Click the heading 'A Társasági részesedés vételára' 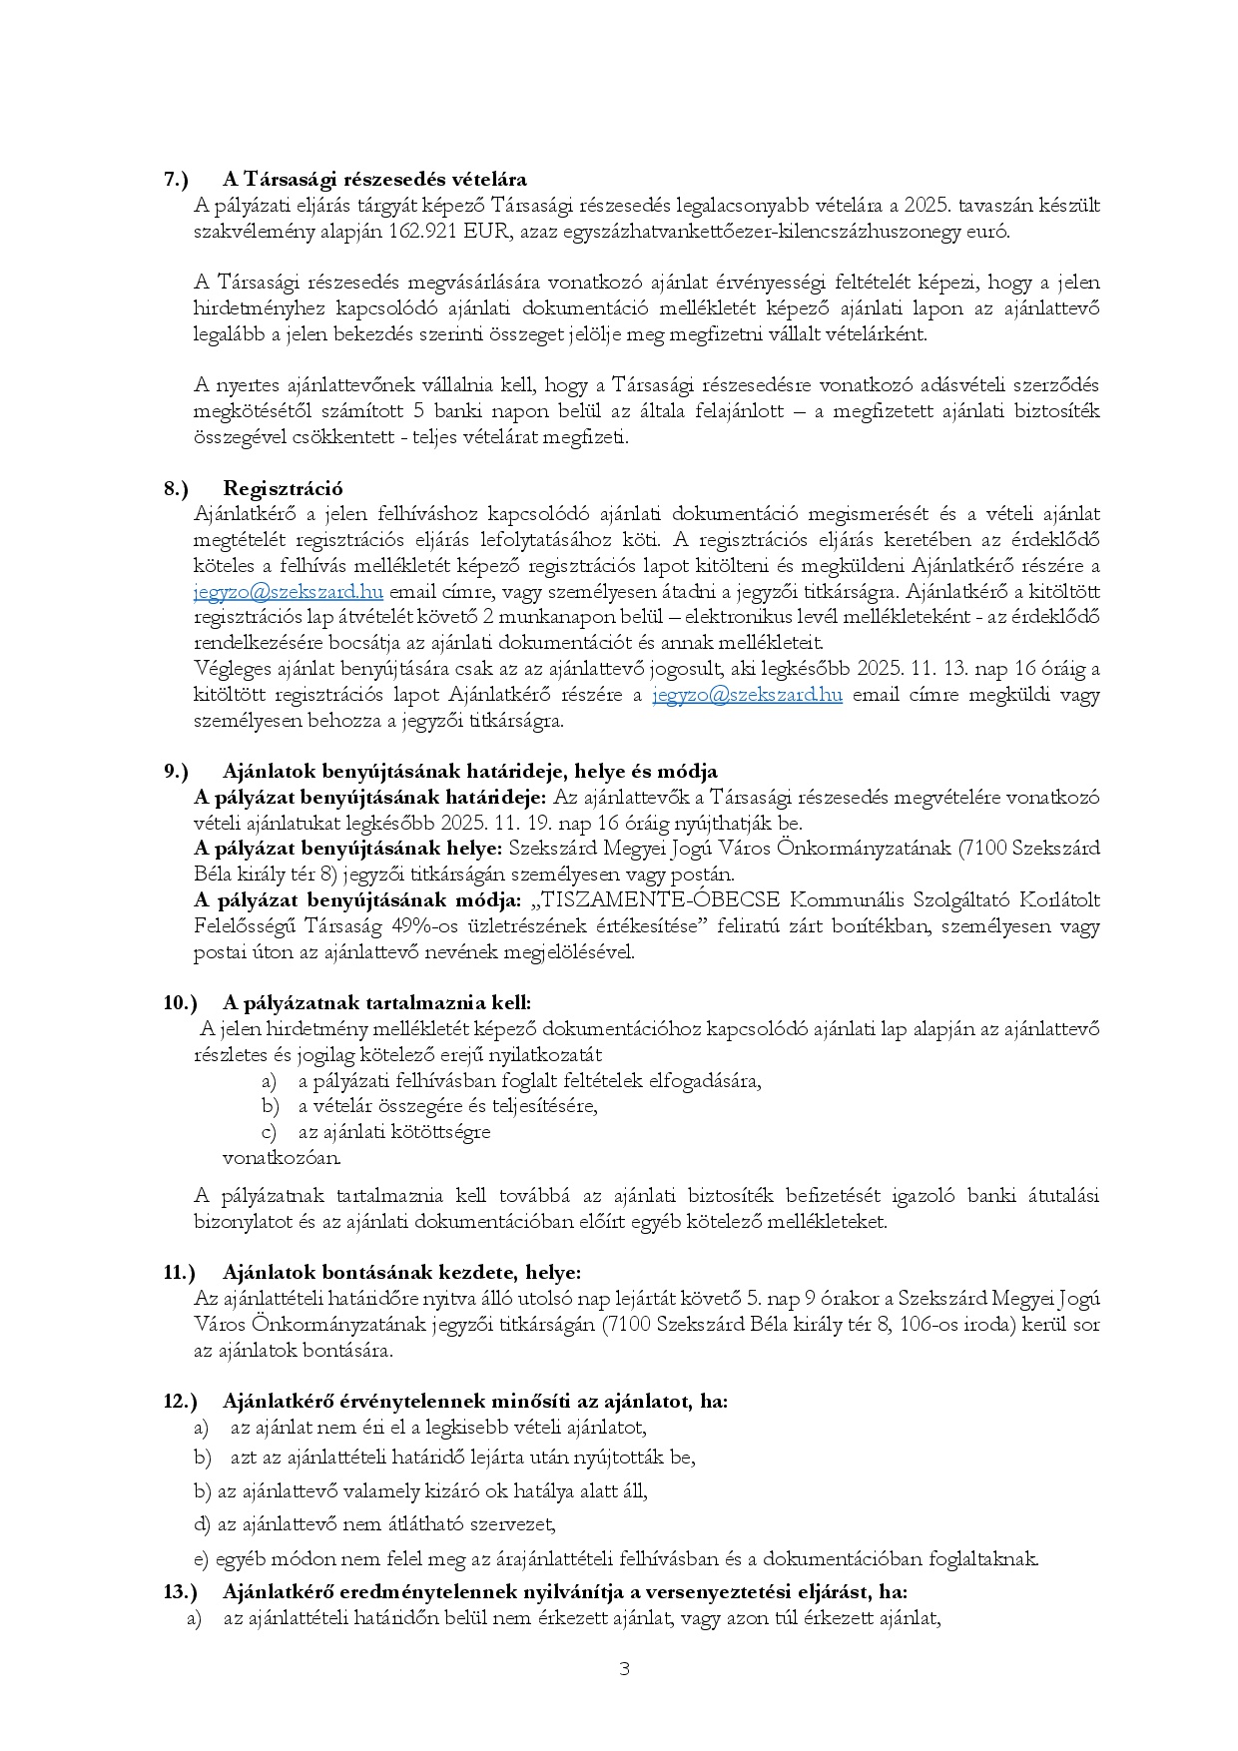click(x=374, y=180)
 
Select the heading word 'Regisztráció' click(x=283, y=488)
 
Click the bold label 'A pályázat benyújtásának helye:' click(x=348, y=849)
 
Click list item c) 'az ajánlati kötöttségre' click(x=393, y=1132)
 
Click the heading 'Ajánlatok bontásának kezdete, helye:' click(x=401, y=1273)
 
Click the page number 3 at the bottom click(x=624, y=1669)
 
